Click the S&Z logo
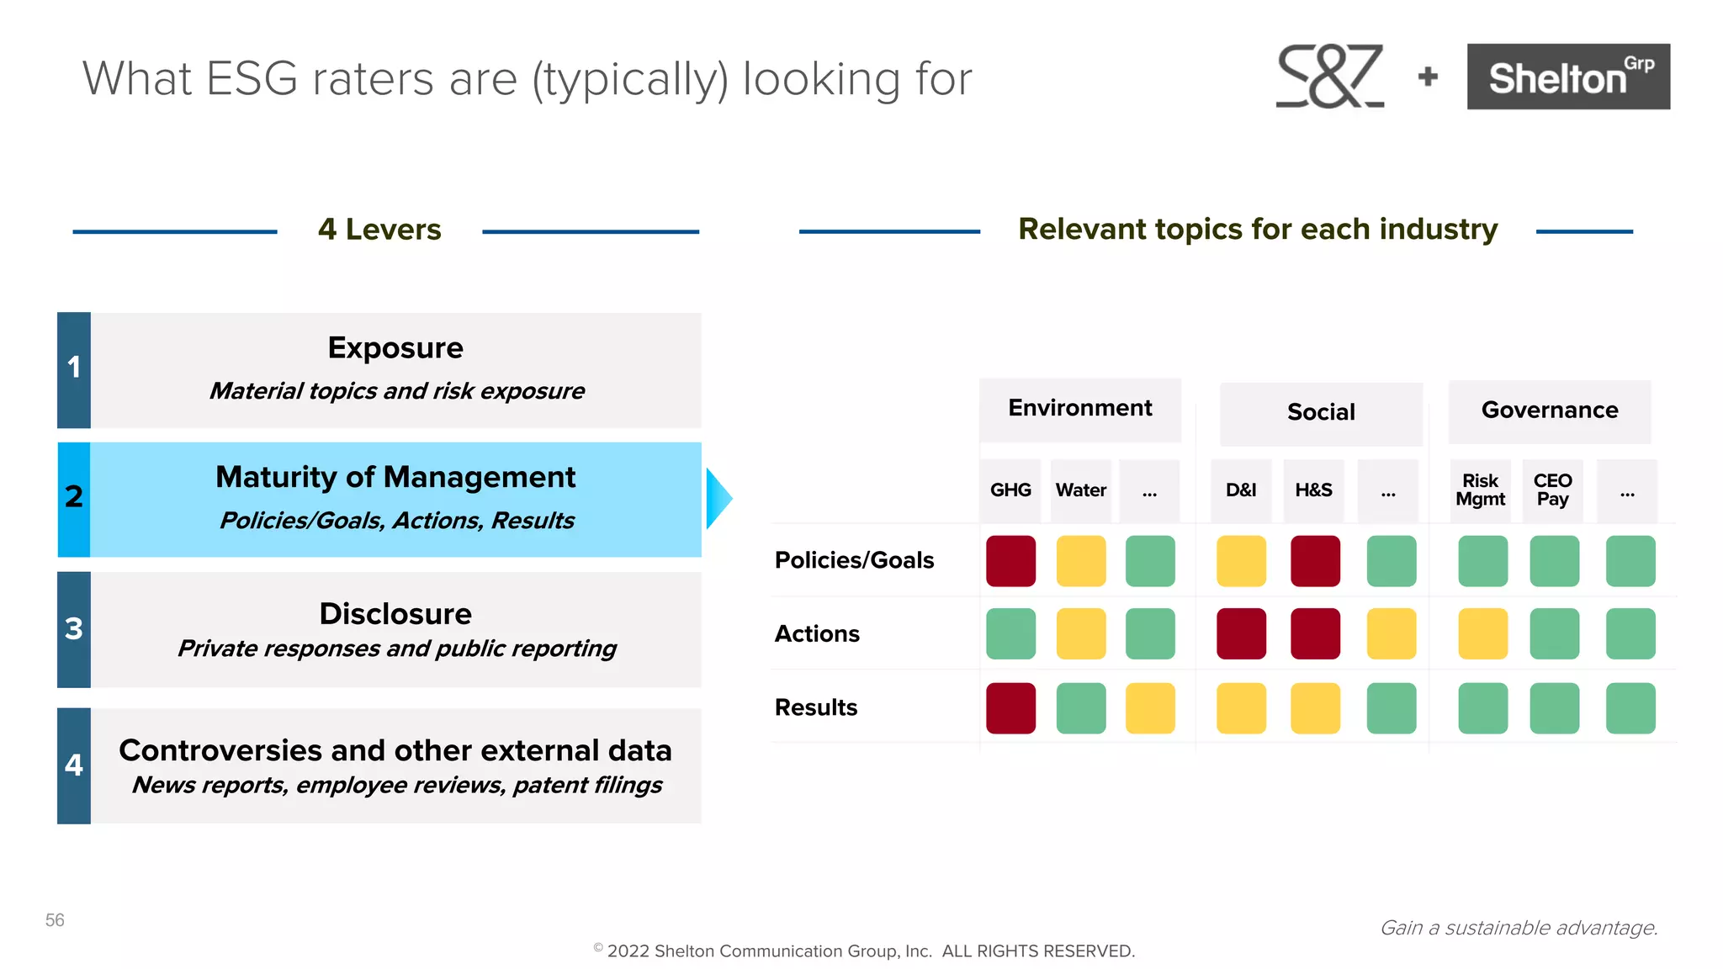1329,77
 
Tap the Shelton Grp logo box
1568,77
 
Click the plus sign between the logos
1428,77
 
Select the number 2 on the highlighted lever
74,497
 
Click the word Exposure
395,348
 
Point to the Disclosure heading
395,614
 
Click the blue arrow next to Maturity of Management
718,498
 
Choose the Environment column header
1080,409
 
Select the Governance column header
1549,410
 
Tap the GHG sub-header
1010,490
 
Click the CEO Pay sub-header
1552,490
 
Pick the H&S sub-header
1313,490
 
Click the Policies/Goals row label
854,560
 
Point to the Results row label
816,707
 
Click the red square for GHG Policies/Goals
1010,561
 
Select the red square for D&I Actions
1241,633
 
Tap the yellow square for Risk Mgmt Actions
1482,633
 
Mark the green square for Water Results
1081,708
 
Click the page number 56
55,920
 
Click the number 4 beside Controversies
74,765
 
